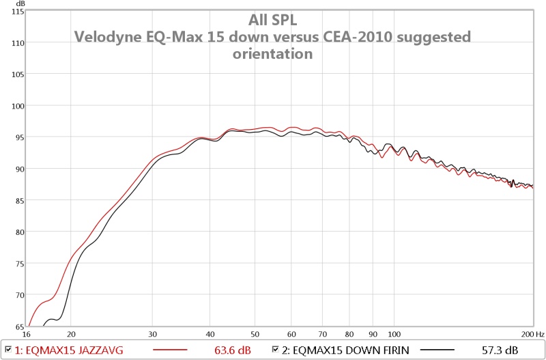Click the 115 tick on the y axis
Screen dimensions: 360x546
click(x=17, y=12)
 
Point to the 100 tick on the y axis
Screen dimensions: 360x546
click(x=17, y=106)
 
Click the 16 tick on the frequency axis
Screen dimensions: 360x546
click(x=27, y=334)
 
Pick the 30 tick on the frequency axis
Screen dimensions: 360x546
click(x=153, y=334)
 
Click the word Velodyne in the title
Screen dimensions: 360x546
click(x=106, y=36)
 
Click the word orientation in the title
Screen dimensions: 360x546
click(x=272, y=53)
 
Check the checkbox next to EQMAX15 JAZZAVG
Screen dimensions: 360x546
click(x=8, y=350)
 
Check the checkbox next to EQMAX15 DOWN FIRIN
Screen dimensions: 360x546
click(x=276, y=350)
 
